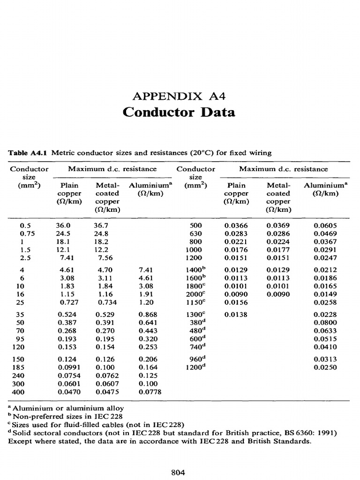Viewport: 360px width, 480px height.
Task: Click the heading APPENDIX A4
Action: click(180, 97)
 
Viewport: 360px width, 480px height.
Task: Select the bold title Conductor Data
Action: click(179, 112)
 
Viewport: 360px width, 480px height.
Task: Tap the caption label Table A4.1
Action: click(29, 153)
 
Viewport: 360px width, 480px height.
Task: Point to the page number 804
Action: click(180, 472)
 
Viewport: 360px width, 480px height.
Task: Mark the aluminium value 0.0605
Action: click(325, 225)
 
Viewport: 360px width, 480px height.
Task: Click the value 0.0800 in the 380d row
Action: click(325, 323)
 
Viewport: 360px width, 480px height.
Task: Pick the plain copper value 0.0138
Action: click(236, 315)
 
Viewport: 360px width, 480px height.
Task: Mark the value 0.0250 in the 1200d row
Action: click(325, 367)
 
